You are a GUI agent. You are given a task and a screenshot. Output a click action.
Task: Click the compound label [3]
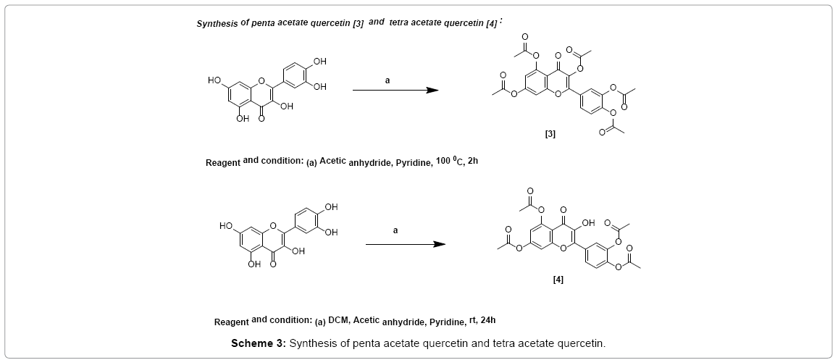tap(550, 134)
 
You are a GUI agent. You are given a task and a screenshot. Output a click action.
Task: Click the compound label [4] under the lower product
tap(557, 279)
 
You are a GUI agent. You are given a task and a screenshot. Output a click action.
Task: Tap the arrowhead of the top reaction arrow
tap(432, 91)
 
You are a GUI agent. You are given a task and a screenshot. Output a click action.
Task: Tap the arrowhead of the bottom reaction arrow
tap(439, 244)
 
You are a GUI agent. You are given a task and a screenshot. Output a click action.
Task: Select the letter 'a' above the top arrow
tap(387, 80)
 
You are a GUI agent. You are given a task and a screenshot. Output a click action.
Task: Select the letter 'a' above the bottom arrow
tap(395, 230)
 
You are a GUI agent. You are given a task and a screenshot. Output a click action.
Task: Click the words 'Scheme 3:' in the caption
tap(259, 343)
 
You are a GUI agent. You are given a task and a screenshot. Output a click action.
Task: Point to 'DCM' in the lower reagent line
tap(338, 319)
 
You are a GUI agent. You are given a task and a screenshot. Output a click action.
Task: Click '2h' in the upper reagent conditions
tap(473, 161)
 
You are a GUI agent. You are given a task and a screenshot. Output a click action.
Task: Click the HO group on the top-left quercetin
tap(215, 80)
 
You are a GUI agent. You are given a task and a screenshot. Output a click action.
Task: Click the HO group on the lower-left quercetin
tap(227, 227)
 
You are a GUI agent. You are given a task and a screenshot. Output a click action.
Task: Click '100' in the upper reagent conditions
tap(443, 161)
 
